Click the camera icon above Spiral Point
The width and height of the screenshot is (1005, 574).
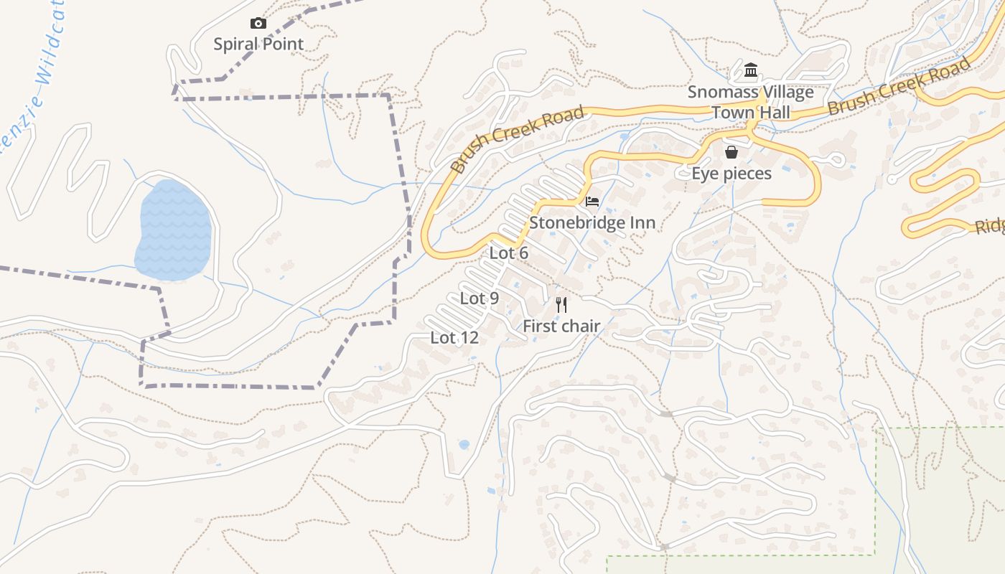(x=258, y=24)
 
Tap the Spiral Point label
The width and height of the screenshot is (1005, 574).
(x=258, y=44)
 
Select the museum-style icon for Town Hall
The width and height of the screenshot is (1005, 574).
(x=751, y=70)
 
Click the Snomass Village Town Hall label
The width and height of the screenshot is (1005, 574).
(x=751, y=102)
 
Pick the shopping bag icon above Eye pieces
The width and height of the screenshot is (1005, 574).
(x=731, y=152)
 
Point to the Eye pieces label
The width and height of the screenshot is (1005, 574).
(x=731, y=174)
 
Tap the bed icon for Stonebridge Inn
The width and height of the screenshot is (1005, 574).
(x=592, y=201)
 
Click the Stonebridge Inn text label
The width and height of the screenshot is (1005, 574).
(x=592, y=223)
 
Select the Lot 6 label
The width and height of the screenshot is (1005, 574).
(x=509, y=253)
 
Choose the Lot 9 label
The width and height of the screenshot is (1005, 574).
(x=480, y=298)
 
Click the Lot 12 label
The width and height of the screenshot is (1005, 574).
(x=454, y=337)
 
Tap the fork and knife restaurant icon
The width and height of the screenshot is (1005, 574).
(x=561, y=305)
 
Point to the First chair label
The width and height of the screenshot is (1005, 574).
(x=561, y=326)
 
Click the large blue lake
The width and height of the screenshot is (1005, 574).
(x=174, y=230)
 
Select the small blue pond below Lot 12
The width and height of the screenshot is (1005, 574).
(x=464, y=445)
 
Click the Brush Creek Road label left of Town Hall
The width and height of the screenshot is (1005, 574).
(x=518, y=140)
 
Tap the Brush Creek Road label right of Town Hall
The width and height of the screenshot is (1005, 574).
(x=899, y=88)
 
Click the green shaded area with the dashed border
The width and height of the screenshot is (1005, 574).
(x=940, y=495)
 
